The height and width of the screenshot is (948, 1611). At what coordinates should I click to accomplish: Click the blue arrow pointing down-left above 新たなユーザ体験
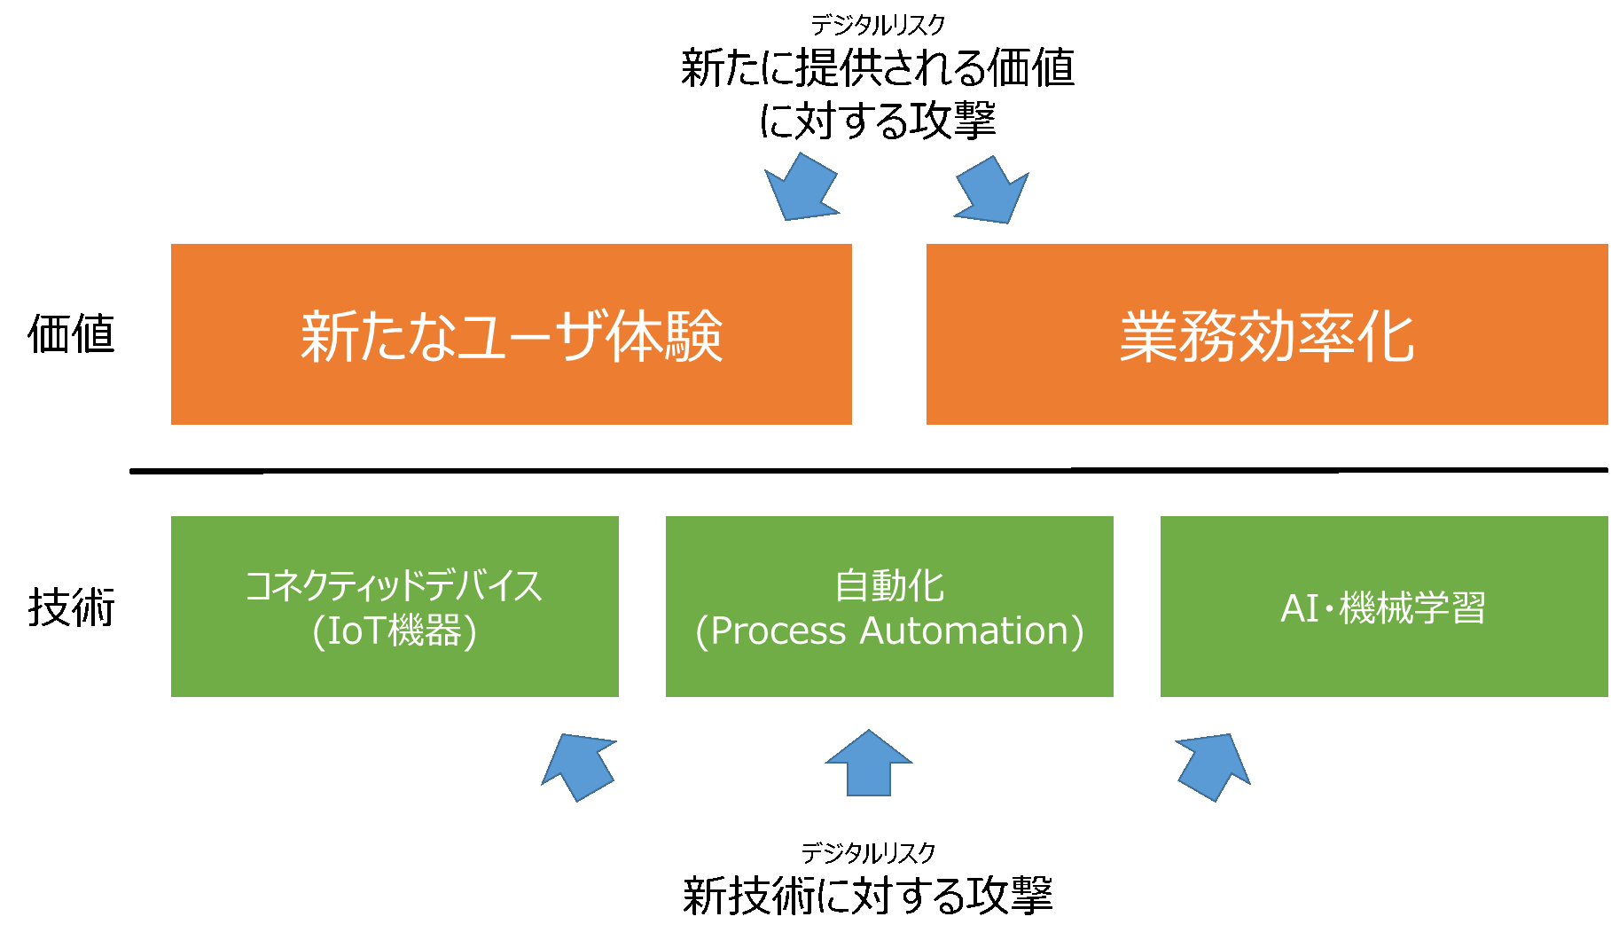click(x=801, y=189)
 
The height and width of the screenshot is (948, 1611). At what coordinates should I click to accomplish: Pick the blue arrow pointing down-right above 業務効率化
click(x=992, y=192)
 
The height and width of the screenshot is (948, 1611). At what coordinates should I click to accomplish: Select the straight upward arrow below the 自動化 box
click(x=869, y=764)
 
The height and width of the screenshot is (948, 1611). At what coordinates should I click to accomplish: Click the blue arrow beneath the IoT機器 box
click(x=580, y=766)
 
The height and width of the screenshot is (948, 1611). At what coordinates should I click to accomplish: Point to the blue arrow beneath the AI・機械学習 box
click(x=1213, y=766)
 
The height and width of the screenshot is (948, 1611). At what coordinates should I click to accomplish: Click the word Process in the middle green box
click(x=778, y=631)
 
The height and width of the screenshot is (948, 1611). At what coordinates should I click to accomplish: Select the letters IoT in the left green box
click(x=357, y=631)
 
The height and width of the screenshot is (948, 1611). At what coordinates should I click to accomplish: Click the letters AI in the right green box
click(x=1300, y=608)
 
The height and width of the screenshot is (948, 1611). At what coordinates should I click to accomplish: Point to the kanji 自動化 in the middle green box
click(x=889, y=586)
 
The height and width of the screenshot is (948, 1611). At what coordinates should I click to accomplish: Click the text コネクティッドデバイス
click(x=393, y=586)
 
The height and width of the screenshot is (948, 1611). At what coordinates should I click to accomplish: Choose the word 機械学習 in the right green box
click(x=1412, y=608)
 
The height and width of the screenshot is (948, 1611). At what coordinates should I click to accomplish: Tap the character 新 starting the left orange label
click(x=327, y=337)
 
